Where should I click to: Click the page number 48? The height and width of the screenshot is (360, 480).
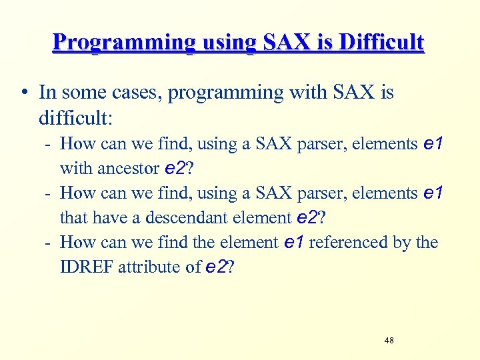click(x=389, y=341)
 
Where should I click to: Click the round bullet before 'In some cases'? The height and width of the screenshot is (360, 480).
click(x=24, y=93)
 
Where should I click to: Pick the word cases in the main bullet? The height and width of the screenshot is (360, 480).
click(x=135, y=93)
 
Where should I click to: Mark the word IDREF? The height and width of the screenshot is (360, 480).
click(x=87, y=267)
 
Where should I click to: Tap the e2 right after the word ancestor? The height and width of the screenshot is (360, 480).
click(x=176, y=169)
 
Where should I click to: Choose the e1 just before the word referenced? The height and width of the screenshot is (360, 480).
click(x=294, y=243)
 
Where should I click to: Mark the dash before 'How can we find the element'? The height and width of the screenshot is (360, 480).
click(x=49, y=243)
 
